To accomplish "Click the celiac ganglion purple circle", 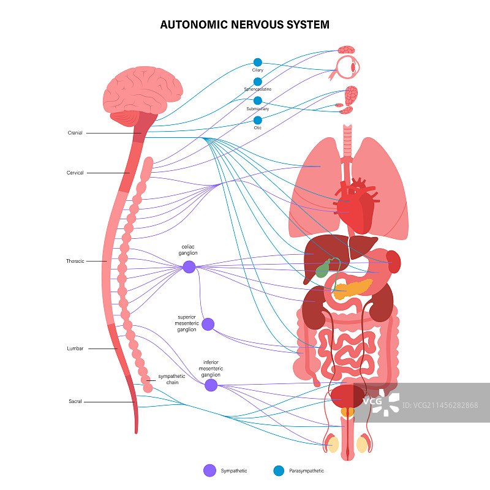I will (x=189, y=266).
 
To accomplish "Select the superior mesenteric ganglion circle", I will (x=208, y=324).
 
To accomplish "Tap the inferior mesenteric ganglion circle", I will (x=211, y=385).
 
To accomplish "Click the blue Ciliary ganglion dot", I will (x=258, y=62).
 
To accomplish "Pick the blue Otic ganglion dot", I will (x=258, y=120).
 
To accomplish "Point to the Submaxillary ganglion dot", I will (x=258, y=100).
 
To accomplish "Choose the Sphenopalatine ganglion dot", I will (x=258, y=81).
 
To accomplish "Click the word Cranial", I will (x=75, y=133).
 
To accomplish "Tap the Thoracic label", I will (x=75, y=261).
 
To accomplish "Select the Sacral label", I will (x=75, y=402).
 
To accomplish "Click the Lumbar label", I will (x=75, y=349).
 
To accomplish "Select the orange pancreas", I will (x=352, y=288).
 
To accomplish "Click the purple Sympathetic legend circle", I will (x=209, y=470).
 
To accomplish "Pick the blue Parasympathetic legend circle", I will (x=279, y=470).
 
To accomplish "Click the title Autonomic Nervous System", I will (x=245, y=25).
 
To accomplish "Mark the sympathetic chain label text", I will (x=171, y=379).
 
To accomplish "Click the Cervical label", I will (x=75, y=173).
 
